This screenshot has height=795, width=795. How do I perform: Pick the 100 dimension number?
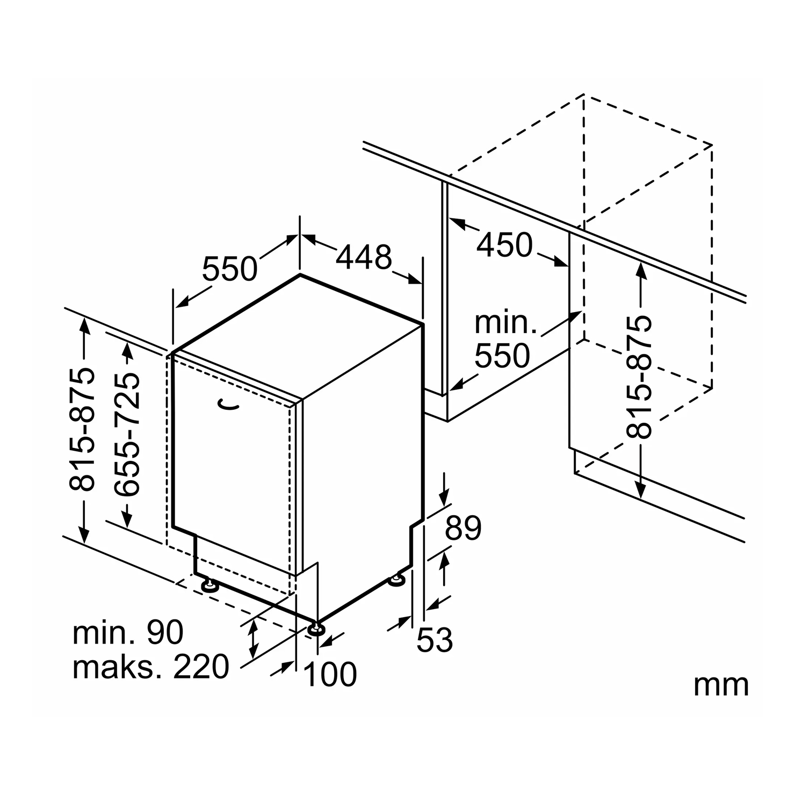point(330,674)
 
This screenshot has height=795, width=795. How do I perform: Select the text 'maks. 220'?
point(151,667)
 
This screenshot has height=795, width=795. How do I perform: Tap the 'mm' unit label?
point(721,685)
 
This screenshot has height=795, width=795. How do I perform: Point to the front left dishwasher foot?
point(208,584)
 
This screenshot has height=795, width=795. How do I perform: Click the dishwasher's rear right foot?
point(397,581)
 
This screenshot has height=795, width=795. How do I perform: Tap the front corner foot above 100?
point(317,628)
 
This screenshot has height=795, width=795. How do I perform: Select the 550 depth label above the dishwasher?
point(230,269)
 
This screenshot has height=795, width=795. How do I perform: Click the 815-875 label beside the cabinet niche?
point(639,377)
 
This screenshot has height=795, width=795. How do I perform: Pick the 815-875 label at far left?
point(83,430)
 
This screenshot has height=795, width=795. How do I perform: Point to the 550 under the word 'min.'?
point(502,355)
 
